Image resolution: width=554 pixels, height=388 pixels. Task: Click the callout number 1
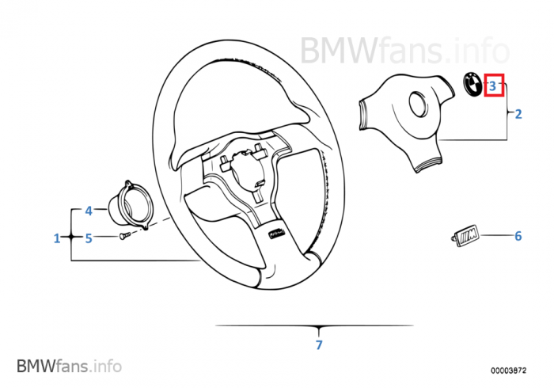(x=57, y=238)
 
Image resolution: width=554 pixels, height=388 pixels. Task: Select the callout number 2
(x=518, y=114)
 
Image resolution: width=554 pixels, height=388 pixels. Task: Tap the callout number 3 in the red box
(x=493, y=85)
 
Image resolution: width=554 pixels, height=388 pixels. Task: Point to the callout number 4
(x=89, y=211)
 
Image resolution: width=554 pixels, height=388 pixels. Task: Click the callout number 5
(x=89, y=237)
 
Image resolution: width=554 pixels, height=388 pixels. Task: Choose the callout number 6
(x=518, y=236)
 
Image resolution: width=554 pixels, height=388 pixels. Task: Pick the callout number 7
(x=319, y=345)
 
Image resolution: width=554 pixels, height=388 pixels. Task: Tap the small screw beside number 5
(x=123, y=235)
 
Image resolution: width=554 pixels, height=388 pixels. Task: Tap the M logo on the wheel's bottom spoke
(x=278, y=233)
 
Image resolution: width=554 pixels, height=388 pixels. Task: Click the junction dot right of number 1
(x=71, y=237)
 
